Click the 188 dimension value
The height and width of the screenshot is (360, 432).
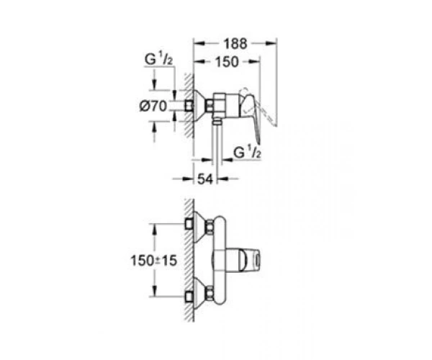tap(235, 43)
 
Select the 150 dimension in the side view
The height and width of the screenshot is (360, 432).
tap(227, 62)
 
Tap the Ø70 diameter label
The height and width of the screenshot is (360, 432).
tap(153, 106)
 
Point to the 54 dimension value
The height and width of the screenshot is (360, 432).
tap(205, 179)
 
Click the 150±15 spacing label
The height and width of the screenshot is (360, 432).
tap(153, 261)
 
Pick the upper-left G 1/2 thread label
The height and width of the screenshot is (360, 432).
tap(158, 60)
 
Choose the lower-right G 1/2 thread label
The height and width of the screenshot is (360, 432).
tap(247, 153)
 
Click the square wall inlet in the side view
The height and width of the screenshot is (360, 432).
tap(189, 106)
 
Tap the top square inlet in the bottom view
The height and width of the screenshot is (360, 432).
tap(189, 224)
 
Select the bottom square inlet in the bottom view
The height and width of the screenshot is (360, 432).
tap(189, 297)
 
